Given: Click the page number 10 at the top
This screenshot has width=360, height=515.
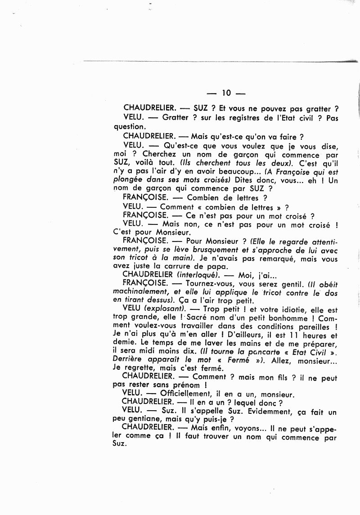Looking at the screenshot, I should point(226,93).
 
